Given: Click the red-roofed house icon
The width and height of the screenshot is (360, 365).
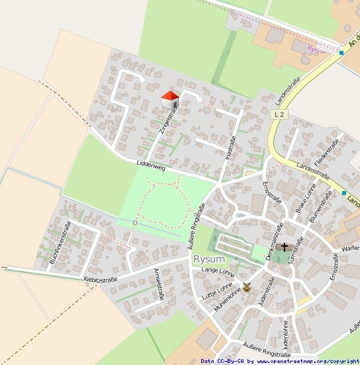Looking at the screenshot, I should tap(170, 101).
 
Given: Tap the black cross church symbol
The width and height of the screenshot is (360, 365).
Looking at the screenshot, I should tap(285, 248).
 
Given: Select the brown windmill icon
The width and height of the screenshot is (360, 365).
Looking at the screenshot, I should tap(247, 287).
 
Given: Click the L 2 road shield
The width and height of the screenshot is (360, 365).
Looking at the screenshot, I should tap(281, 114).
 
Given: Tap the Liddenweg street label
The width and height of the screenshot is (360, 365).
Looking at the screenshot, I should tap(151, 163).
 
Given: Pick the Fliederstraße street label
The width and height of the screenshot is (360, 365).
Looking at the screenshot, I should tap(327, 152).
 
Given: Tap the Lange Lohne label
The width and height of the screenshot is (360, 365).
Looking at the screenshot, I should tap(218, 271).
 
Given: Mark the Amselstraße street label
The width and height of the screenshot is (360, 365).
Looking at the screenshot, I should tap(159, 284).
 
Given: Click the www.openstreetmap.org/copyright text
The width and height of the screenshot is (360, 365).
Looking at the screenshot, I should tap(307, 361).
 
